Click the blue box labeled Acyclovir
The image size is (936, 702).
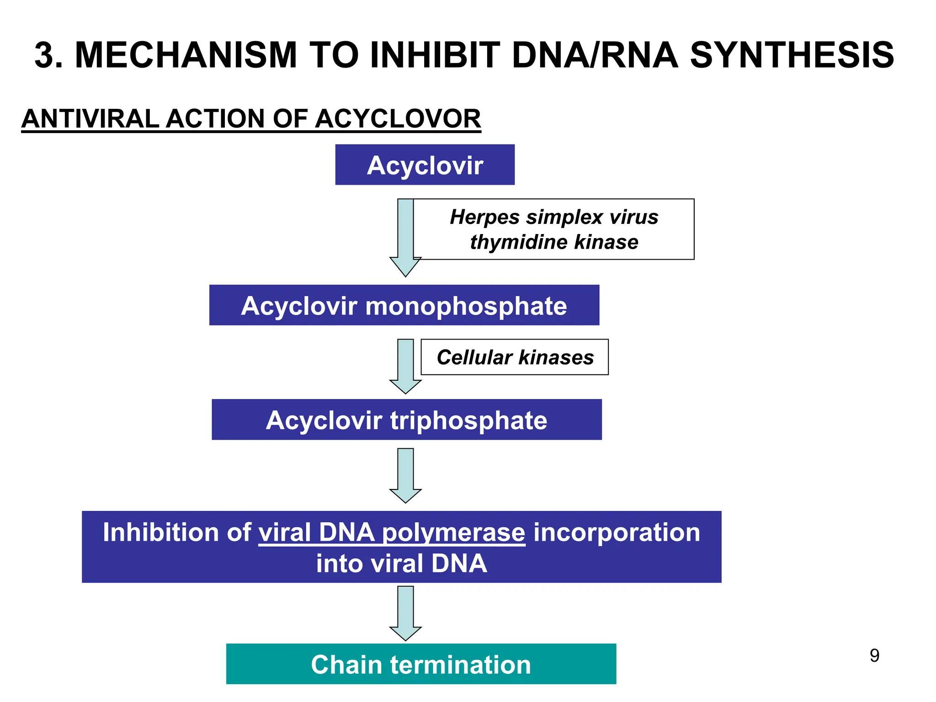[425, 165]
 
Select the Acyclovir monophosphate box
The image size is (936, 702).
[404, 305]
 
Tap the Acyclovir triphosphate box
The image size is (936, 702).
[406, 420]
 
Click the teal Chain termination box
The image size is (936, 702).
[421, 664]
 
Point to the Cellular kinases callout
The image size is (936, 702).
[515, 357]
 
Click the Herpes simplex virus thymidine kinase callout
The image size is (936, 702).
[554, 229]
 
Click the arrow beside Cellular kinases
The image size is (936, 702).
[405, 366]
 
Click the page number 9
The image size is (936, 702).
[874, 656]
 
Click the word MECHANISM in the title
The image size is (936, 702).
[186, 55]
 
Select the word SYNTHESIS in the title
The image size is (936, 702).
[792, 55]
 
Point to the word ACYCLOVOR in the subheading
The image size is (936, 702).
[398, 119]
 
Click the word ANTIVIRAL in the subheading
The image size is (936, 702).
[90, 119]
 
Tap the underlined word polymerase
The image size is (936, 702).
[453, 533]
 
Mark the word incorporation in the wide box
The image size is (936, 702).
[617, 532]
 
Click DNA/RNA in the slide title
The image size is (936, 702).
[595, 55]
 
